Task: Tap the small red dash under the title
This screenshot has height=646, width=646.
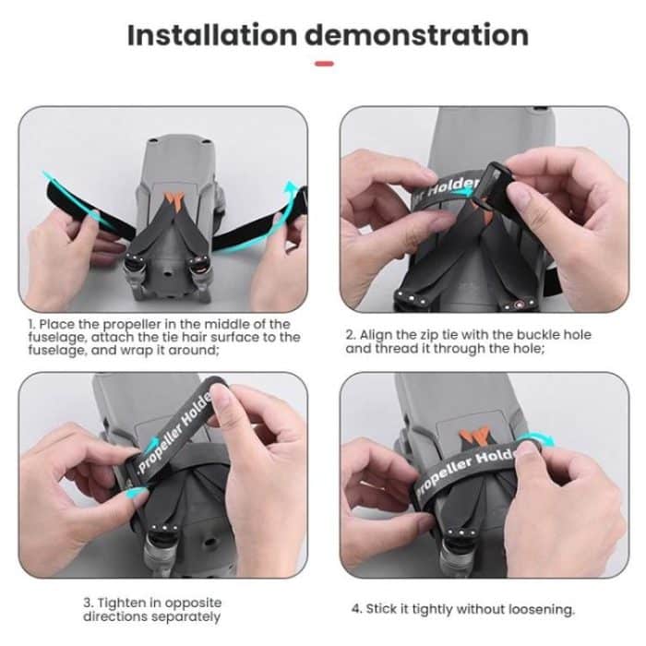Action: (x=323, y=64)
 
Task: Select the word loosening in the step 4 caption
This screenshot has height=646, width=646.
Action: (x=542, y=609)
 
